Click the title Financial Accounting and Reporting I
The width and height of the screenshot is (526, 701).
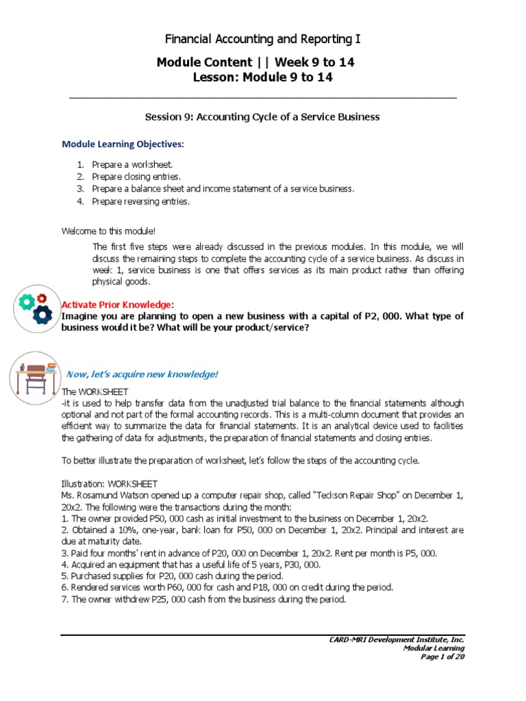[x=263, y=39]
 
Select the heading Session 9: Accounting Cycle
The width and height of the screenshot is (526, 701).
[x=262, y=117]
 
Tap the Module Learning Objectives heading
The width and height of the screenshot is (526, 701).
[x=123, y=144]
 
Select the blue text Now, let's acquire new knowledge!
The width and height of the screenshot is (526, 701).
[x=141, y=374]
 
